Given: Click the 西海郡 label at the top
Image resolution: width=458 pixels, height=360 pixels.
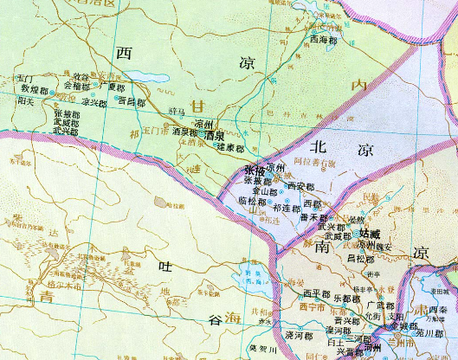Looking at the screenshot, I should tap(323, 39).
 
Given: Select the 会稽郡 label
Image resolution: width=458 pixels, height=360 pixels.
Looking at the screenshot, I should tap(76, 86).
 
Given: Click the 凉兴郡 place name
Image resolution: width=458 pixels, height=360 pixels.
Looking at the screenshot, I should tap(94, 102).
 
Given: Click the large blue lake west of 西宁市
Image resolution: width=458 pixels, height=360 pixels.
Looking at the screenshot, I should tap(235, 280).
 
